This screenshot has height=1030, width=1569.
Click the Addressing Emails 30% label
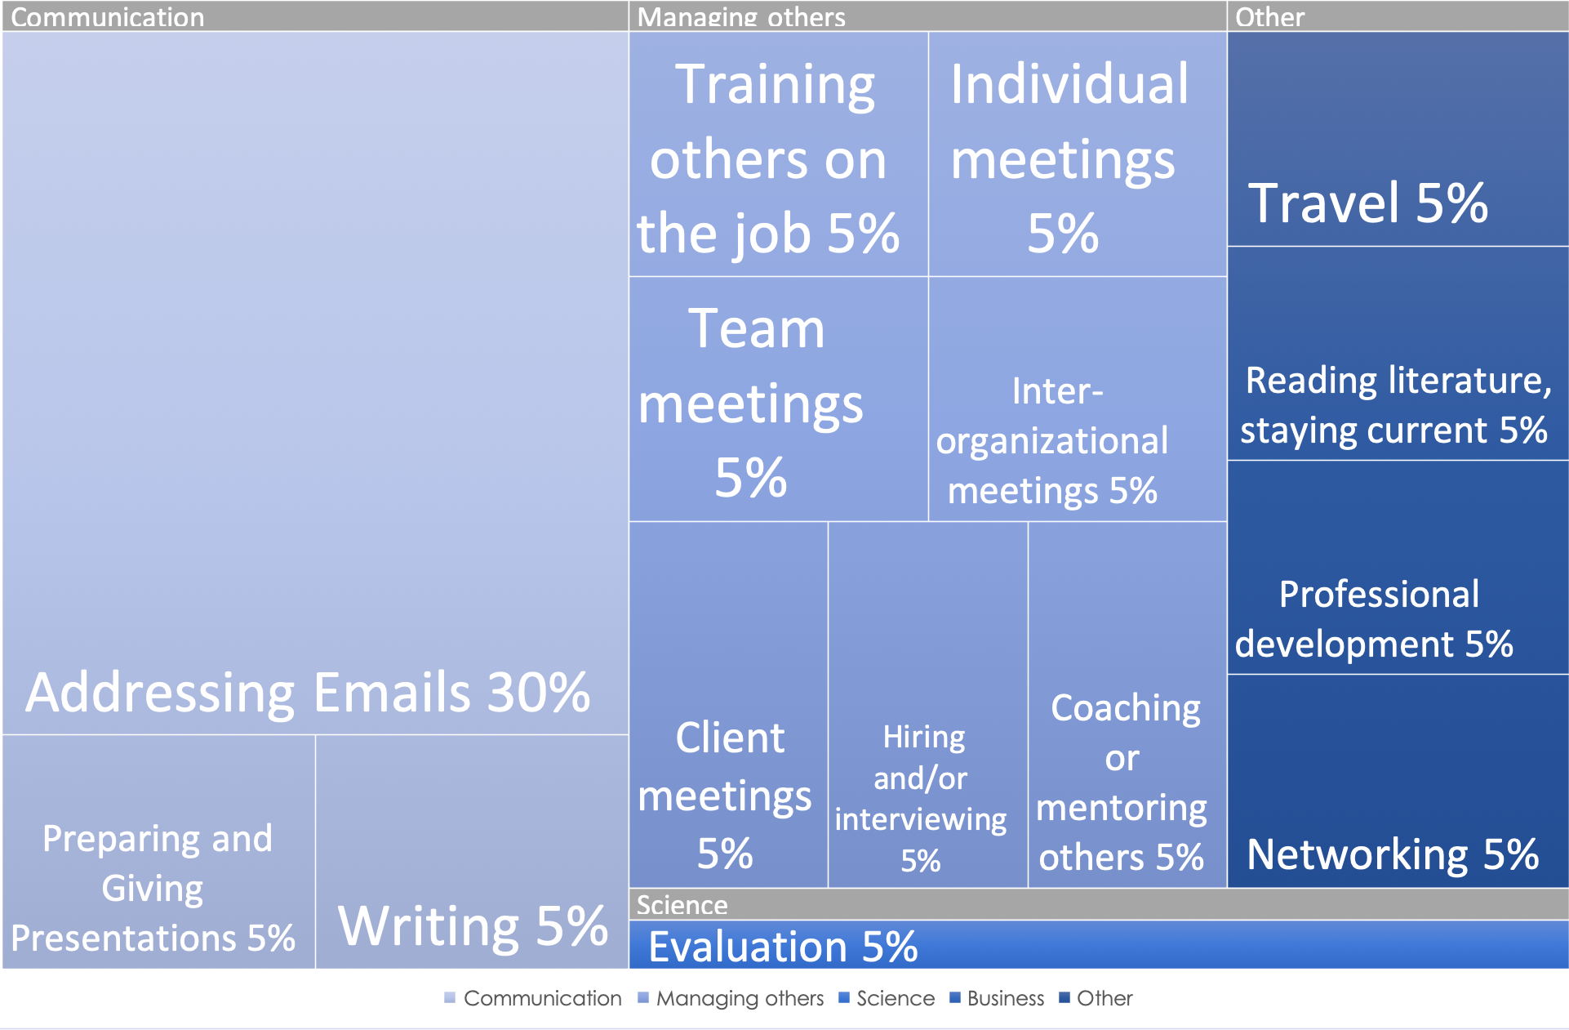(x=308, y=693)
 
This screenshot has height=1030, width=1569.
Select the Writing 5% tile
(x=472, y=852)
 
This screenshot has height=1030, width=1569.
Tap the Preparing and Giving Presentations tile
(x=158, y=852)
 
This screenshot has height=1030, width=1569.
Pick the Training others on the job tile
(x=779, y=154)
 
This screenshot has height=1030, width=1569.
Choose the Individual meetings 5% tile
(x=1078, y=154)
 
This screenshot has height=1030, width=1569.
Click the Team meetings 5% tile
(x=779, y=399)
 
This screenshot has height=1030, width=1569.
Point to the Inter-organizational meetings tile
(x=1078, y=399)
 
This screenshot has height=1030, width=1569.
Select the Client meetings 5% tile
(x=728, y=705)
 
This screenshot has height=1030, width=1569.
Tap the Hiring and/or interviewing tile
(x=928, y=705)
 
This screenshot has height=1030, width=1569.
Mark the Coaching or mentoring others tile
(x=1127, y=705)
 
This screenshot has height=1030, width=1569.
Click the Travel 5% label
(x=1368, y=203)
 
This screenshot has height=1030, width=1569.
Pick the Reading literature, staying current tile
(x=1398, y=354)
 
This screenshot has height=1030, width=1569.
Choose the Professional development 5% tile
(x=1398, y=568)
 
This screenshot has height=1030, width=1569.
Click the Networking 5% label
(x=1393, y=854)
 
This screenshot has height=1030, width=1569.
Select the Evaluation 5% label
(x=783, y=947)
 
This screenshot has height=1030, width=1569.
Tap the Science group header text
(x=682, y=905)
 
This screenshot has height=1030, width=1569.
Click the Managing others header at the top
(x=741, y=17)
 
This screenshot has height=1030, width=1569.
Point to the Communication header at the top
(x=107, y=17)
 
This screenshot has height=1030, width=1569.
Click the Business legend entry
(x=997, y=998)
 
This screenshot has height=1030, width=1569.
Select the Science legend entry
(x=887, y=998)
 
